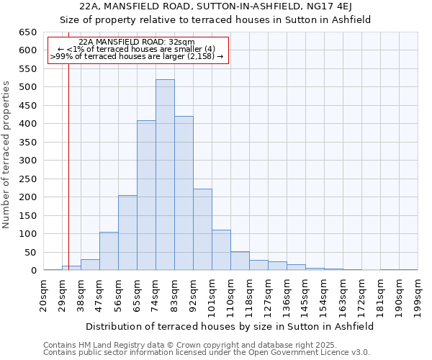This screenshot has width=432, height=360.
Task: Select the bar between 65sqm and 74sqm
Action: pos(146,195)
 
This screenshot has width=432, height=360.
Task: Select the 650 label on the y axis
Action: pos(28,32)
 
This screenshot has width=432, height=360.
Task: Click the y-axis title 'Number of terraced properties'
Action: pos(6,154)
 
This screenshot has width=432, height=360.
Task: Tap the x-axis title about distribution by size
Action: pos(230,326)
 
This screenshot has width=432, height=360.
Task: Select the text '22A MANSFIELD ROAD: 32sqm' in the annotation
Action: pos(137,42)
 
